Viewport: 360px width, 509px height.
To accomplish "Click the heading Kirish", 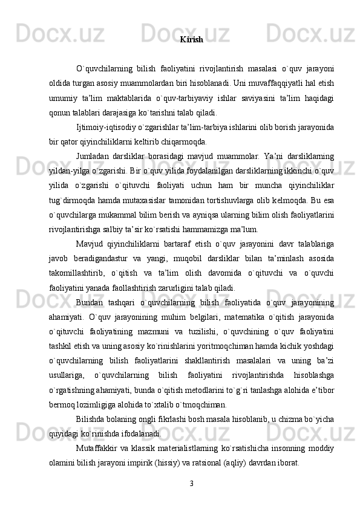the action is point(191,40).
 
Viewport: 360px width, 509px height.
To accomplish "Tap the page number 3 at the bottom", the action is point(191,483).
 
